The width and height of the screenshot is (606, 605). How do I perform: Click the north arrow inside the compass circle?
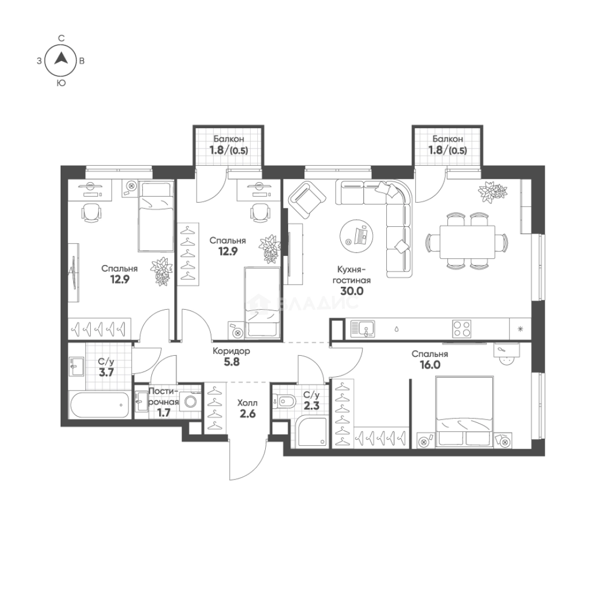(x=61, y=58)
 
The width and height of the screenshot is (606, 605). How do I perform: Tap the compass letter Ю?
(x=61, y=83)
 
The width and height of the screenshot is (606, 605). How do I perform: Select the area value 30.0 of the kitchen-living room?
(x=351, y=291)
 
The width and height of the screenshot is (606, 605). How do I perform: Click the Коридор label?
(x=231, y=351)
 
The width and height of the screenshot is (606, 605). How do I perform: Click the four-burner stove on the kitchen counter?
(x=461, y=329)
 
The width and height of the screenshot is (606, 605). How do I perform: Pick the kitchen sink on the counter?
(x=363, y=329)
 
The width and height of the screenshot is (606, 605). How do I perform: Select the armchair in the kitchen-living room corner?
(x=307, y=199)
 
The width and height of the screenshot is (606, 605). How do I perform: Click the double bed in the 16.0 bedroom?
(x=464, y=412)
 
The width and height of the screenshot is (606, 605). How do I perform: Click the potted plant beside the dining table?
(x=492, y=192)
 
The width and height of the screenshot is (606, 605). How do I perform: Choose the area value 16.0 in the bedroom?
(x=430, y=365)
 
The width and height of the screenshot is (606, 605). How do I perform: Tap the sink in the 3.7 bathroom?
(x=76, y=366)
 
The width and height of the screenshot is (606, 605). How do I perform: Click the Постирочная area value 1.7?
(x=164, y=413)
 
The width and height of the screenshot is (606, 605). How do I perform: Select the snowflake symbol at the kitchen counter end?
(x=520, y=329)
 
